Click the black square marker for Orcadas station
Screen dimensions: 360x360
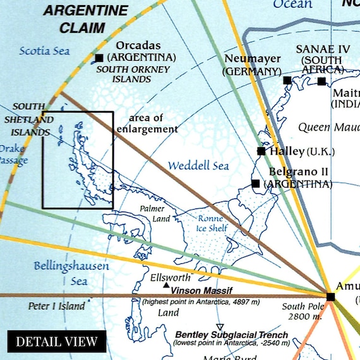tap(99, 58)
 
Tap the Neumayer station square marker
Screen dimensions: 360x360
tap(287, 80)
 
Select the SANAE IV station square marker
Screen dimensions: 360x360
tap(321, 81)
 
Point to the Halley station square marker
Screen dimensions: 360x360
tap(261, 151)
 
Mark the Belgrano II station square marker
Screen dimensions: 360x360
tap(255, 183)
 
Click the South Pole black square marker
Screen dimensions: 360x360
tap(330, 296)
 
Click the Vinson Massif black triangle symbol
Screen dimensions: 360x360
tap(165, 285)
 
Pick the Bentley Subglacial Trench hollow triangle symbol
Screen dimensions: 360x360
tap(220, 327)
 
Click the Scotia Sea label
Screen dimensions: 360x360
tap(44, 51)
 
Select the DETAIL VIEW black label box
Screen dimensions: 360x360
tap(57, 342)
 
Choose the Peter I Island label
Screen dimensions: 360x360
tap(56, 306)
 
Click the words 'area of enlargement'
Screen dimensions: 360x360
tap(147, 123)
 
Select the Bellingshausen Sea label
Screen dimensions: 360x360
tap(72, 273)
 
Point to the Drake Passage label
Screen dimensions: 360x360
tap(13, 155)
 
